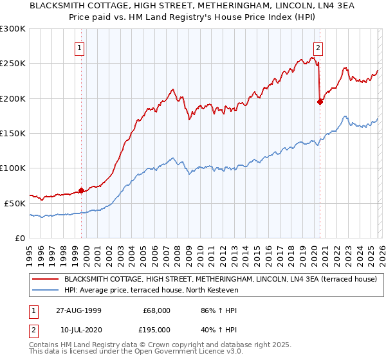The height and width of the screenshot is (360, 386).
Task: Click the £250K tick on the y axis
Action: point(13,64)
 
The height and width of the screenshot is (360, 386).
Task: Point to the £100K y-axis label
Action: point(13,168)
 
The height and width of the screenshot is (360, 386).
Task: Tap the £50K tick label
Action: point(15,203)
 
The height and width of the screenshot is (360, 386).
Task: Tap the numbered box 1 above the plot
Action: point(79,47)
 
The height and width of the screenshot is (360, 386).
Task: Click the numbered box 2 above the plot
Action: point(318,47)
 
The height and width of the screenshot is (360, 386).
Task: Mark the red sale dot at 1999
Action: point(82,190)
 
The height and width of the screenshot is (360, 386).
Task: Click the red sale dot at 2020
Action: point(320,102)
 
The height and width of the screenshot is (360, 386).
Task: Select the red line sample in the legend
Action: point(46,280)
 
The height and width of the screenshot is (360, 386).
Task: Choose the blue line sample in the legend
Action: point(46,290)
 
